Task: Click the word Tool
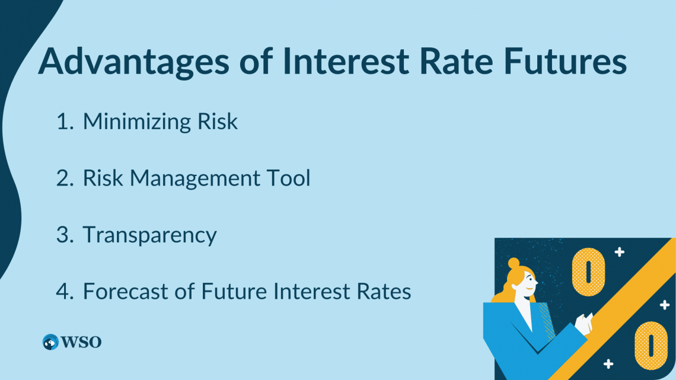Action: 289,178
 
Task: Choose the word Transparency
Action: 150,235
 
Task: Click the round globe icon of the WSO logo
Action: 50,342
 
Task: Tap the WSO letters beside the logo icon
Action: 81,342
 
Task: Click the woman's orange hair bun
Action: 514,263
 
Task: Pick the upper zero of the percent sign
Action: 588,271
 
